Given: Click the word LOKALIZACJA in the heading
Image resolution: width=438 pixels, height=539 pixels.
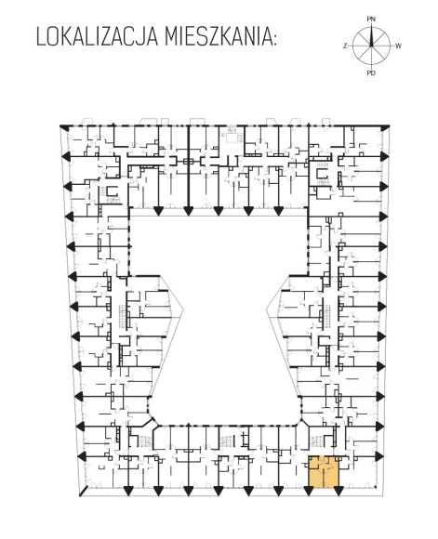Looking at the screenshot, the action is (x=98, y=36).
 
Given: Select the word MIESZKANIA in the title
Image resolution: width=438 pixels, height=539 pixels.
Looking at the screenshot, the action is (x=218, y=36).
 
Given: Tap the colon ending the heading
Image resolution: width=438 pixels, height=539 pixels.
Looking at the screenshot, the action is (x=274, y=39).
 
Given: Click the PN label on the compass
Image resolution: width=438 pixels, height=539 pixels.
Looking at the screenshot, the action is (x=371, y=20).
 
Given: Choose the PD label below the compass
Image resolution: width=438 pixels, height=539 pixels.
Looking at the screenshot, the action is (x=371, y=72).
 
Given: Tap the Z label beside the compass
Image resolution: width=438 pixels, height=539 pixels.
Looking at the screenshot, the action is (x=345, y=46).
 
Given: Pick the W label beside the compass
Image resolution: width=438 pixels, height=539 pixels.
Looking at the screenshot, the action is (x=398, y=46).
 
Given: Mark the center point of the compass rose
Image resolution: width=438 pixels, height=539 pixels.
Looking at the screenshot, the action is (x=371, y=46).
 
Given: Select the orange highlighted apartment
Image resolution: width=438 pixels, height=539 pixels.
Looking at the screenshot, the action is (x=324, y=471).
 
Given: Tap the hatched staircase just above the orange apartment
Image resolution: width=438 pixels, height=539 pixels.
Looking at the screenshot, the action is (x=317, y=440).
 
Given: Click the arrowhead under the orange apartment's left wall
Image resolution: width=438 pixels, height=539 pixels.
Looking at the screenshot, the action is (x=309, y=492).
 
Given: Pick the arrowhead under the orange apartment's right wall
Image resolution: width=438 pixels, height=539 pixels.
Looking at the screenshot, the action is (x=338, y=492).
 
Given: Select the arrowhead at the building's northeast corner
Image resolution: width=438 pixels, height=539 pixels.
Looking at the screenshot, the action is (x=386, y=127).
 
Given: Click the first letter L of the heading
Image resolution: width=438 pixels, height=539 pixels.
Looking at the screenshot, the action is (x=41, y=37).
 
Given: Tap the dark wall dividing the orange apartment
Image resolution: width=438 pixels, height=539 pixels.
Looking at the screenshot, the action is (x=323, y=473).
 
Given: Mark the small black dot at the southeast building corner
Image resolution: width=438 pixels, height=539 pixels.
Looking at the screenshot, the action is (x=376, y=487).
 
